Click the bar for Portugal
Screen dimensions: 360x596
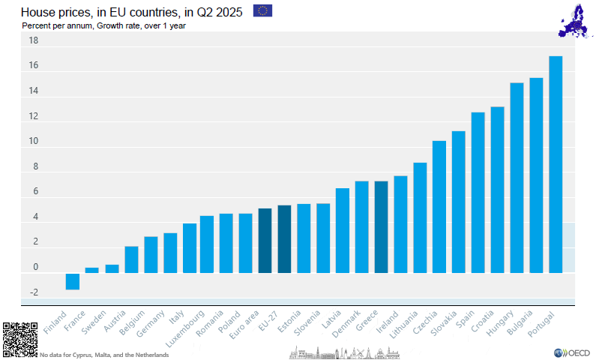click(x=556, y=164)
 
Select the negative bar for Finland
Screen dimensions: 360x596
click(x=73, y=281)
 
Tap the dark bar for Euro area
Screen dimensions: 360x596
click(x=265, y=241)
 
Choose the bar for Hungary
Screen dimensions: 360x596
click(x=517, y=178)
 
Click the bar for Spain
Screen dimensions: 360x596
click(x=478, y=193)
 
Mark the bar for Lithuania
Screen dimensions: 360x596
click(x=420, y=217)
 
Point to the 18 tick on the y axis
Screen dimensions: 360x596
click(x=34, y=41)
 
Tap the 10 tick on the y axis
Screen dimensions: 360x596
click(x=34, y=142)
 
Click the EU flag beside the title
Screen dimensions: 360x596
click(x=262, y=10)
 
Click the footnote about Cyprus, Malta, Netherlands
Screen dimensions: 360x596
click(x=104, y=355)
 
